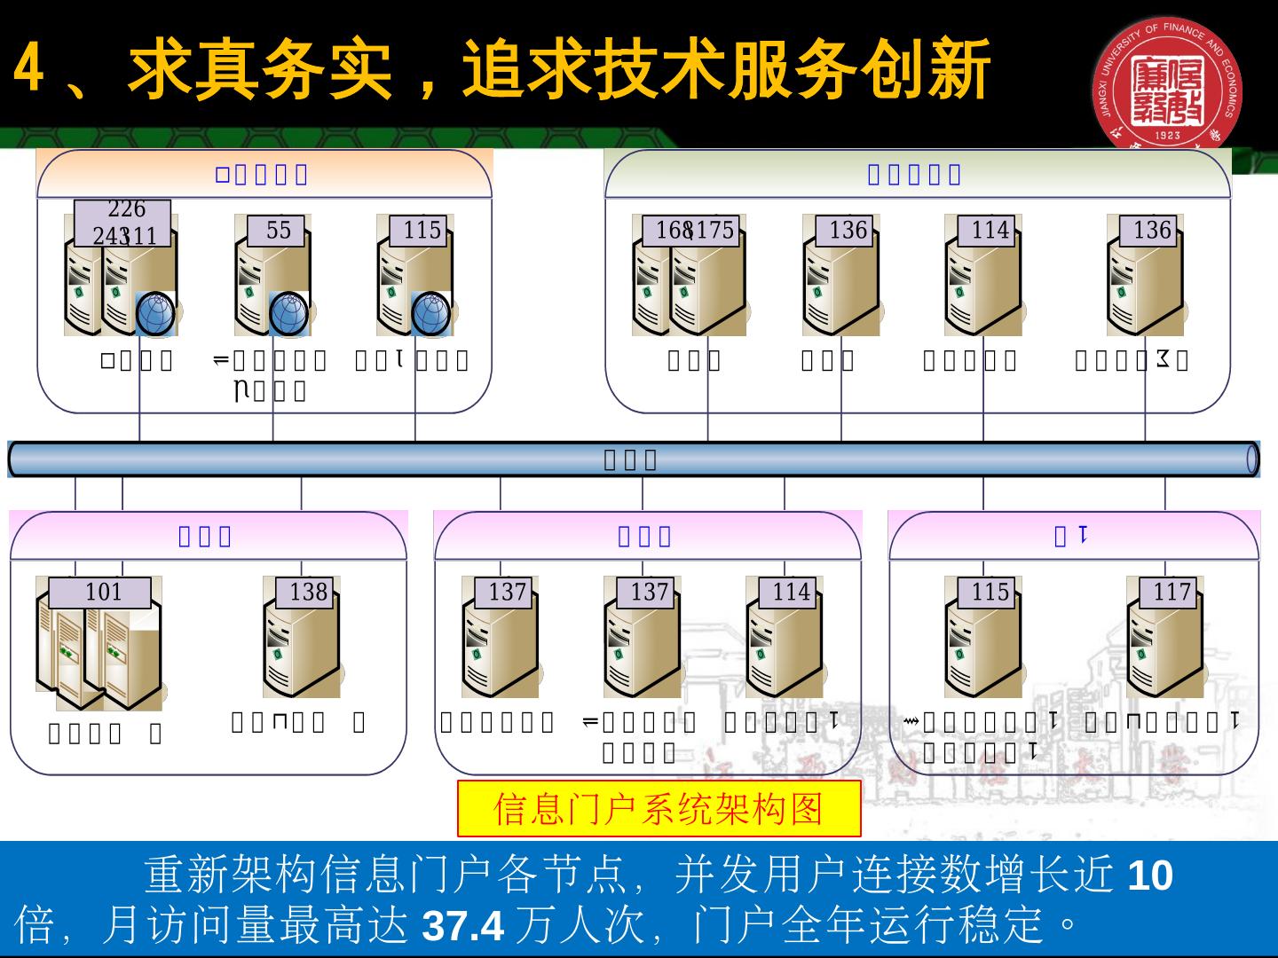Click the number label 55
coord(278,231)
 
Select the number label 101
coord(103,593)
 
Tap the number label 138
coord(308,593)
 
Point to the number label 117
coord(1171,593)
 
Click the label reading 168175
coord(695,231)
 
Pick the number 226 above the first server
coord(126,209)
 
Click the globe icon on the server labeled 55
coord(288,314)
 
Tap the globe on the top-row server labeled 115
coord(431,314)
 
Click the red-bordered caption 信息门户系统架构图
coord(659,809)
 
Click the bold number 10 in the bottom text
coord(1150,876)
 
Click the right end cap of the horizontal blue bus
coord(1252,459)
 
